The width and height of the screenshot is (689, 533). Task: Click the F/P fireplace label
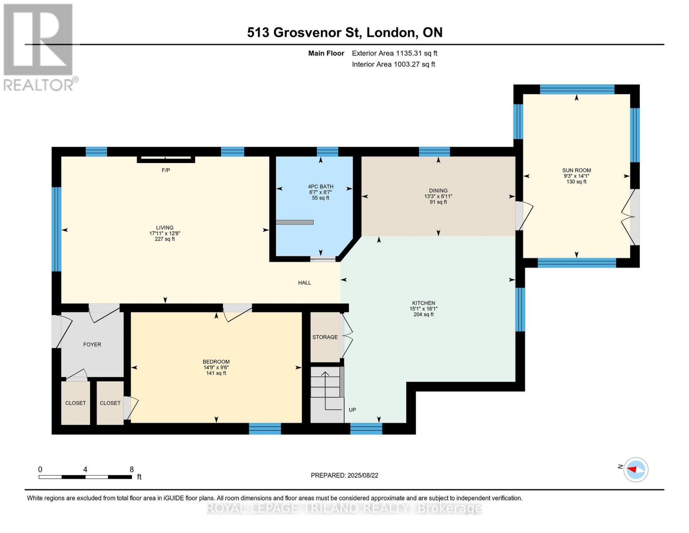click(165, 170)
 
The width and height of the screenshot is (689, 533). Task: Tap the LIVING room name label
click(165, 227)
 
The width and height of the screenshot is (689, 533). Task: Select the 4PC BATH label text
click(321, 187)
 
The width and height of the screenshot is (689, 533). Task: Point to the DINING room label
click(438, 191)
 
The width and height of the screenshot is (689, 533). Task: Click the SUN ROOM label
click(576, 170)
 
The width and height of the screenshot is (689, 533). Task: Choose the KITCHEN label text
click(423, 303)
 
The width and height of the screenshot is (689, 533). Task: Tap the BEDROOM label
click(216, 362)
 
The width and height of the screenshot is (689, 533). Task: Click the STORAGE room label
click(325, 337)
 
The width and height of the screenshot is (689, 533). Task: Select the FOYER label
click(92, 344)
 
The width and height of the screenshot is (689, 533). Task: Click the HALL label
click(304, 282)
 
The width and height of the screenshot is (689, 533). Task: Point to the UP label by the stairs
click(352, 410)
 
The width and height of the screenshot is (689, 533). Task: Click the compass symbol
click(635, 469)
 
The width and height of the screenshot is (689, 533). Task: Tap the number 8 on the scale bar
click(132, 469)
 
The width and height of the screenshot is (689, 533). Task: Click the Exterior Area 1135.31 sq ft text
click(394, 53)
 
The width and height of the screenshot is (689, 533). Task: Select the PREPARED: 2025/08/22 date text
click(344, 475)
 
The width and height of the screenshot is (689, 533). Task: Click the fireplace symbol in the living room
click(165, 159)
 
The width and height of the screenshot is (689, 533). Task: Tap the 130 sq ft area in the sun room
click(576, 182)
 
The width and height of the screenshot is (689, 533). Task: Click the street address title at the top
click(345, 32)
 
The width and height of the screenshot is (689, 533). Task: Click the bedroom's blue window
click(265, 429)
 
